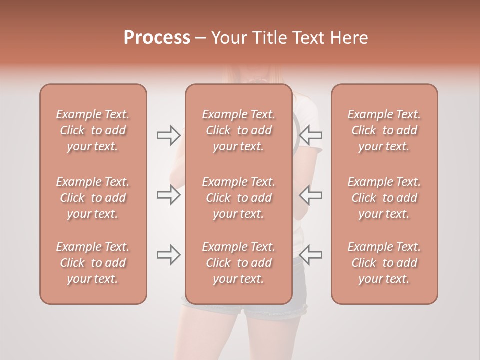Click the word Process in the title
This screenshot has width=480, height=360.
[x=157, y=38]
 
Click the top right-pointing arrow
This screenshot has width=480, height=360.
[x=168, y=135]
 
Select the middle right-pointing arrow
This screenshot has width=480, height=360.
[x=168, y=195]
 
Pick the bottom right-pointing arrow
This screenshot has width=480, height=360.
[x=168, y=255]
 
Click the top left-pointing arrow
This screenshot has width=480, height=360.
[x=311, y=135]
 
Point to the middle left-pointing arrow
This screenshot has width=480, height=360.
[x=311, y=195]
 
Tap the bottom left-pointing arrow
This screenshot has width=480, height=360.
[x=311, y=255]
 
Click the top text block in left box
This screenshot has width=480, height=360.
[x=93, y=130]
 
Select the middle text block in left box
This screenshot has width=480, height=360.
[x=93, y=198]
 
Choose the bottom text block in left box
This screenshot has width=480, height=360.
[x=93, y=263]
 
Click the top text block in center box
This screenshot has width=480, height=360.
[x=239, y=130]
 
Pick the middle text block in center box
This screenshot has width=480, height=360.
[x=239, y=198]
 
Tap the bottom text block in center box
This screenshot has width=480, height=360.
[x=239, y=263]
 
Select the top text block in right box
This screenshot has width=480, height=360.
[x=384, y=130]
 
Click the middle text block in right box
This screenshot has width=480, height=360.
[x=384, y=198]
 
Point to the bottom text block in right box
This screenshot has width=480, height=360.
[x=384, y=263]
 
